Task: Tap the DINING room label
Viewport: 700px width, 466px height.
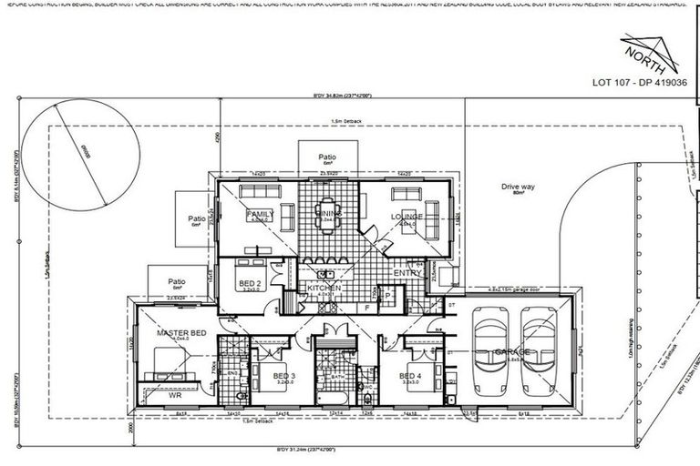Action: point(329,214)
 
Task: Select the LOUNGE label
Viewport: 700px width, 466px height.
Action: point(405,217)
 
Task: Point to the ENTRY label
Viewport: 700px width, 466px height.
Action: point(406,273)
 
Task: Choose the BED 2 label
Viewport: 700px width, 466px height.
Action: point(249,284)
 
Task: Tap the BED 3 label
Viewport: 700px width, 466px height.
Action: point(283,375)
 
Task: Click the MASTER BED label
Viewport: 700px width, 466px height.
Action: point(181,333)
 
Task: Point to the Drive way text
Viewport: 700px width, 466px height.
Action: point(515,187)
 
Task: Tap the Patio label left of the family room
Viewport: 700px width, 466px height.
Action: point(196,218)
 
